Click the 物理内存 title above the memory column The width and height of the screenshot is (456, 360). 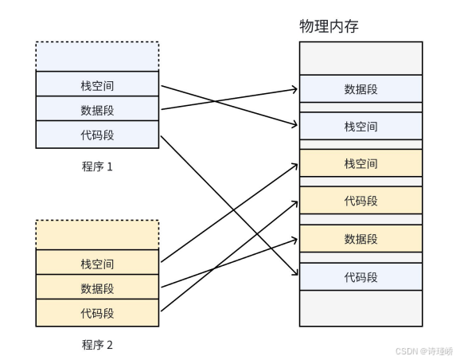point(329,26)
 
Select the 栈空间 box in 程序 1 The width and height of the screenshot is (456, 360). point(97,84)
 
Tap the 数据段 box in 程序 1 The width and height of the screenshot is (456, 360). point(97,108)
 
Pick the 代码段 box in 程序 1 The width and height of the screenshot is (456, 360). point(97,135)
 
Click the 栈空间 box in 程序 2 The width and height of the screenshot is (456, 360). point(97,262)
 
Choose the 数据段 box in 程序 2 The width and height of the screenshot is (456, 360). point(97,287)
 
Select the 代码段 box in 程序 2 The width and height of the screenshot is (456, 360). point(97,313)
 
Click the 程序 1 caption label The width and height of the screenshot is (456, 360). point(97,166)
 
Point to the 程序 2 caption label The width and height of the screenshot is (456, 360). point(97,345)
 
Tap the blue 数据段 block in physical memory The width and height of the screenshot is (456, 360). point(361,88)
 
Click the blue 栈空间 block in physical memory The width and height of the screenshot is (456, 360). point(361,126)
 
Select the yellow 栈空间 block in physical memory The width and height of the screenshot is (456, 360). point(361,163)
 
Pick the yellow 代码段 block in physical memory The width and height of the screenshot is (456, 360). point(361,200)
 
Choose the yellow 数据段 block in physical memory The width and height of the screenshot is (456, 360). point(361,239)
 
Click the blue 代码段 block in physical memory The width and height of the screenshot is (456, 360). point(361,276)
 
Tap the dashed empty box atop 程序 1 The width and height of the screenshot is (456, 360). point(97,57)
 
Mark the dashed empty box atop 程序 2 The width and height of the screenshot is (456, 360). point(97,235)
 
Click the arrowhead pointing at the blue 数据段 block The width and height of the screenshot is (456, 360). point(296,88)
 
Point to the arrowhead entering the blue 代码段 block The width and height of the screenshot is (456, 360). point(297,273)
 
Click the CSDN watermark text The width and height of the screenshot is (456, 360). point(424,351)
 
